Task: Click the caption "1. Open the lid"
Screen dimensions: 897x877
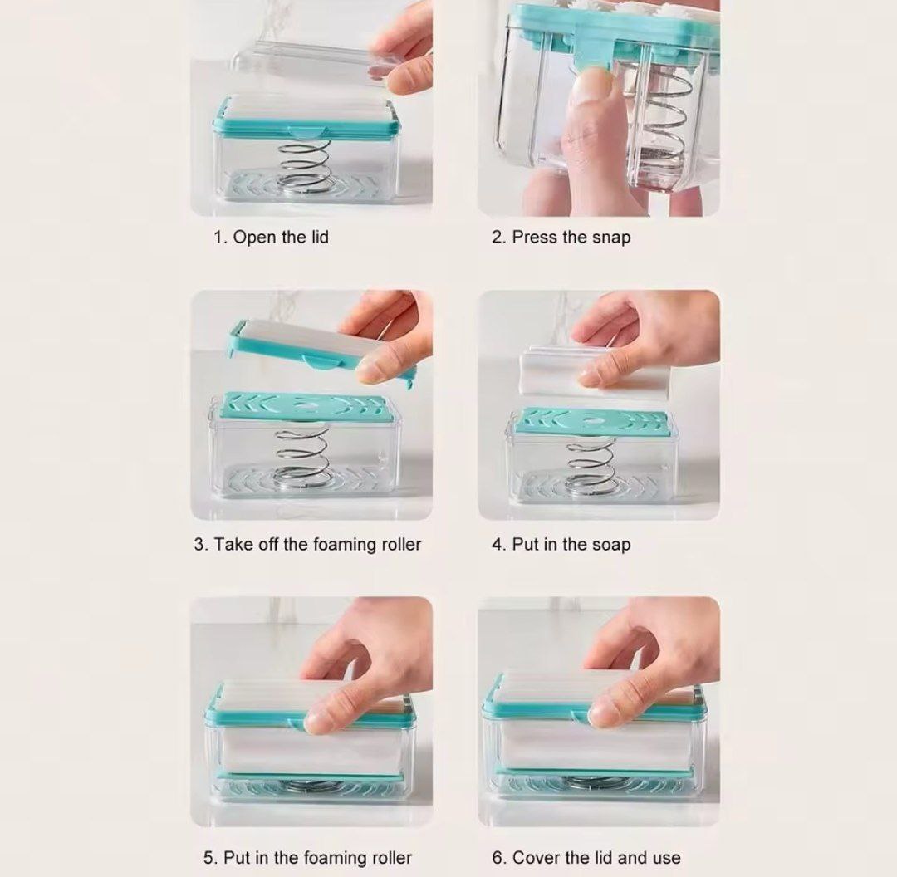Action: pos(271,237)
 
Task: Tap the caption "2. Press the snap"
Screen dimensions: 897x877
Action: pos(561,237)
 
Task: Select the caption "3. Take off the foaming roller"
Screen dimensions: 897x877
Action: pos(307,544)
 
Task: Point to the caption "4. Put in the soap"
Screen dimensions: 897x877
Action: pos(561,544)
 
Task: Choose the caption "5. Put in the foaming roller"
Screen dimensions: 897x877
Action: pos(307,858)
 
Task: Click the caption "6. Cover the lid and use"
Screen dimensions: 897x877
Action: pos(586,858)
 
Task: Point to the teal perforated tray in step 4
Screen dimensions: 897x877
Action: pos(591,421)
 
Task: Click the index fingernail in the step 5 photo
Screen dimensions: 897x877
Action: pos(318,722)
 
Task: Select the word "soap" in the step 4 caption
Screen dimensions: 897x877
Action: pos(611,545)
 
